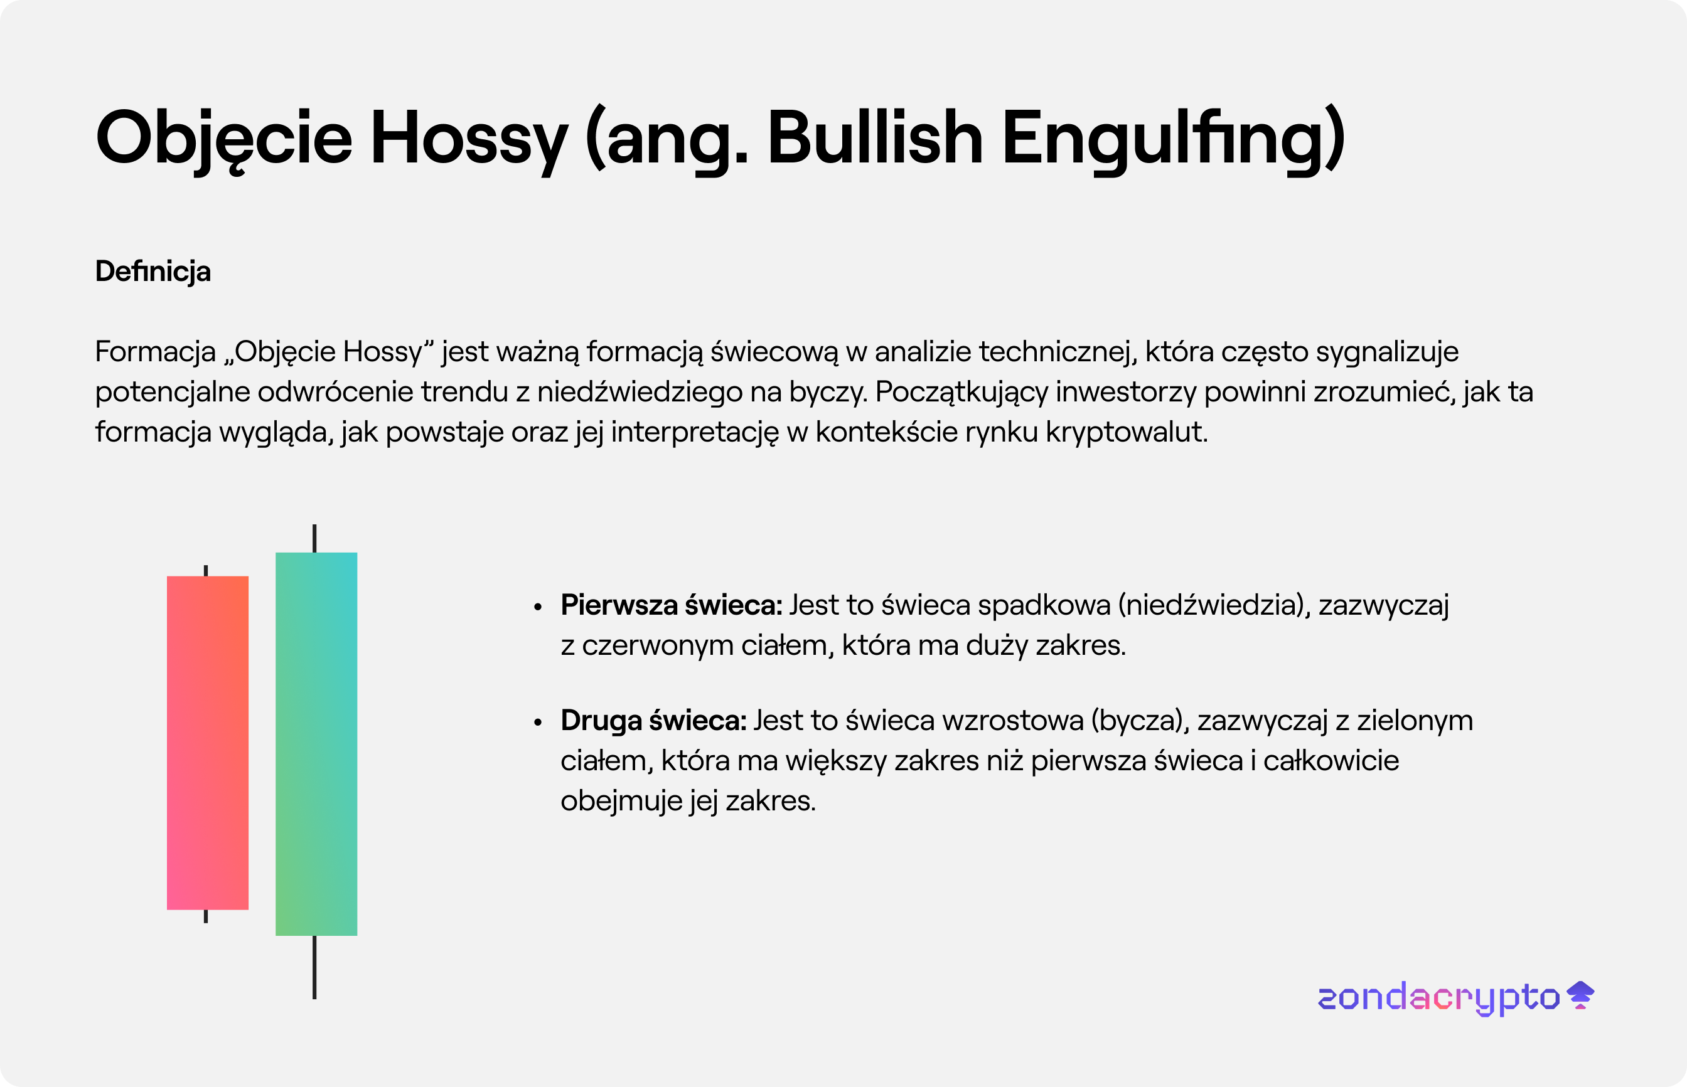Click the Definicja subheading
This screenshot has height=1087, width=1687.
[x=153, y=272]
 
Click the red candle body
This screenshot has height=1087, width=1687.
[x=208, y=743]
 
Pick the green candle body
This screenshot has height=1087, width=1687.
[x=316, y=744]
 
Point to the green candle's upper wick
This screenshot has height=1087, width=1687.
[x=314, y=539]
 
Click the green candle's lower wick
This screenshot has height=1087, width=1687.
[x=314, y=968]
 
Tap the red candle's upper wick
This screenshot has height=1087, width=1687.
[x=205, y=570]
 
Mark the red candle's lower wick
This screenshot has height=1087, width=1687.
[x=205, y=916]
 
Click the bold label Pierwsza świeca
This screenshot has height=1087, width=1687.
[x=672, y=605]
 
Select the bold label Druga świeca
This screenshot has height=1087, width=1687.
[x=653, y=721]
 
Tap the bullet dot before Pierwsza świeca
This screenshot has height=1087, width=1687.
[x=538, y=607]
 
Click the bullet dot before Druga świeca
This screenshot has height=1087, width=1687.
[x=538, y=722]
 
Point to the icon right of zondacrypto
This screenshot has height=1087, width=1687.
[x=1580, y=995]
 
